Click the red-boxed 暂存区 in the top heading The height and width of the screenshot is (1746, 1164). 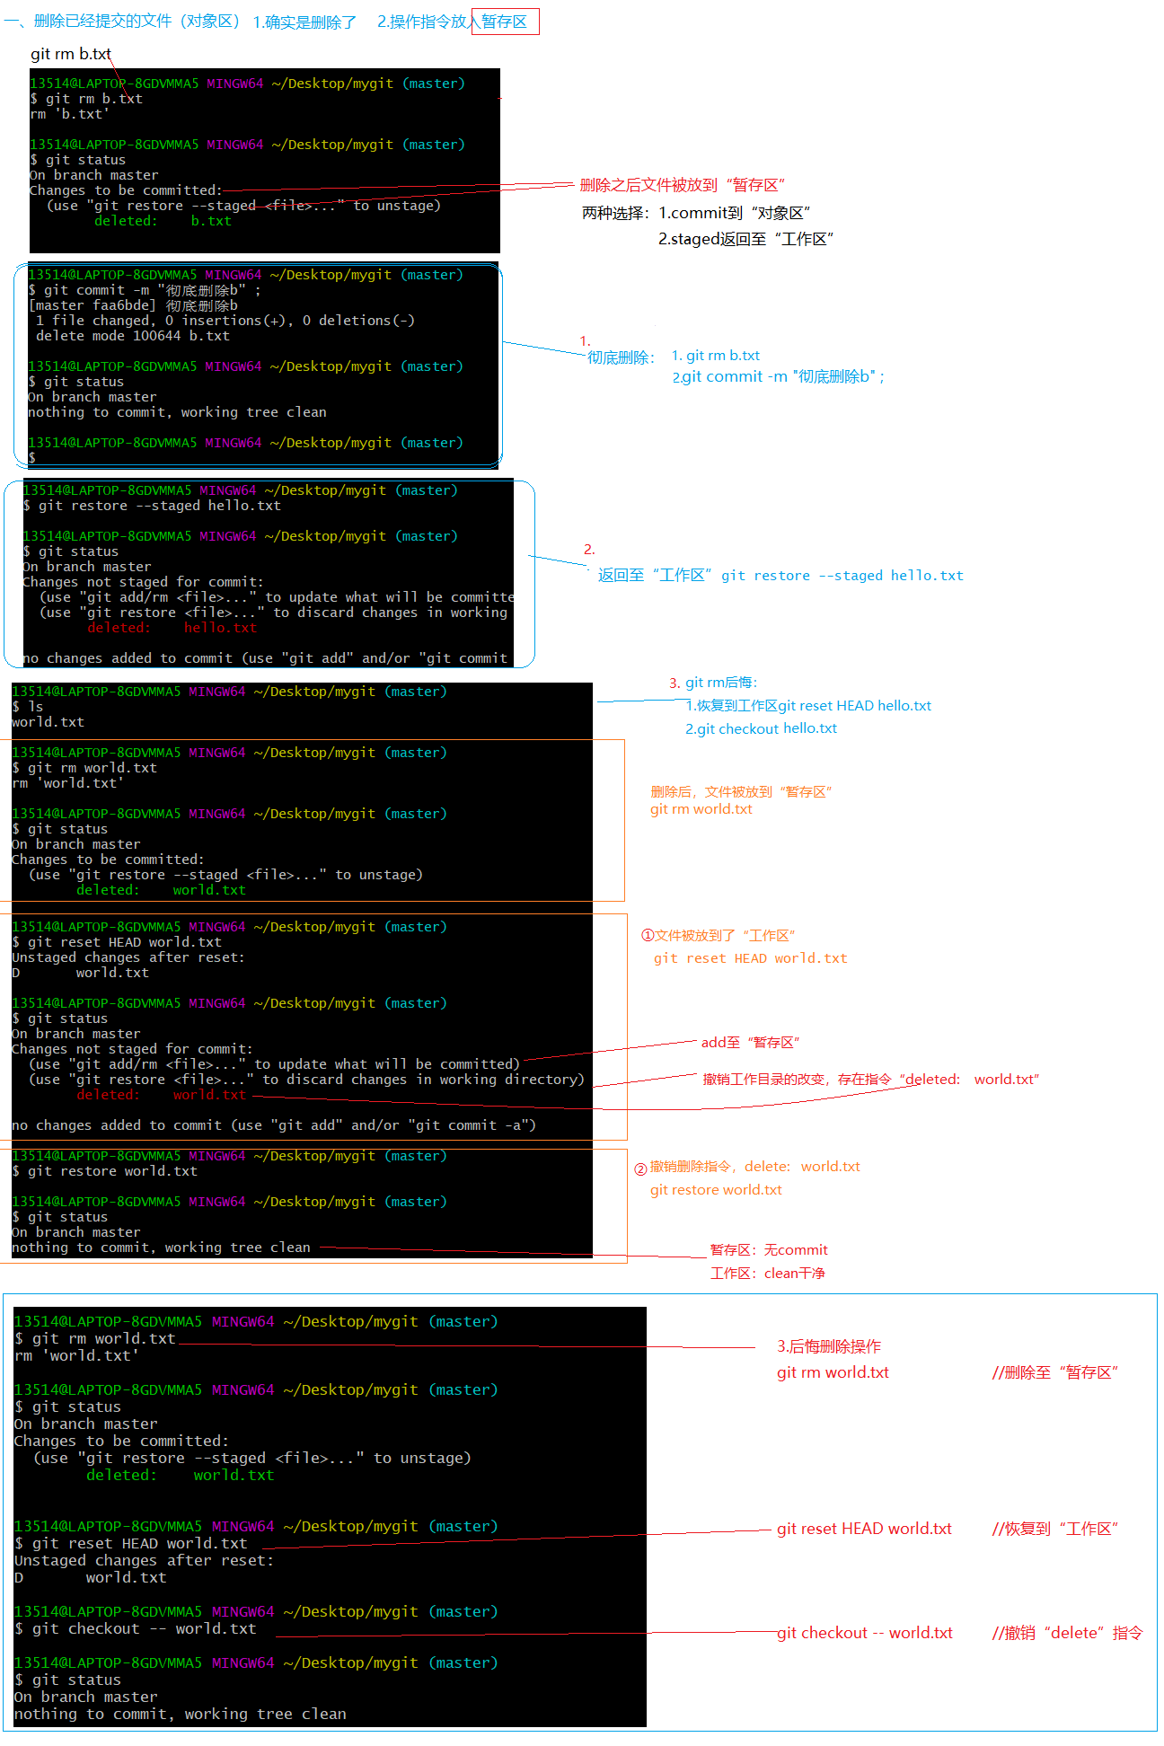(x=505, y=22)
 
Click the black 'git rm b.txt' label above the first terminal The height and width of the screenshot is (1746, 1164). (x=70, y=54)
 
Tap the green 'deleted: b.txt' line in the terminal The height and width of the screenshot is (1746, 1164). (x=163, y=221)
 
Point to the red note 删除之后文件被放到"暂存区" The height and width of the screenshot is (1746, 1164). (x=683, y=185)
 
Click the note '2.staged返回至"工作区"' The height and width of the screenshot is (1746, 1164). (x=745, y=239)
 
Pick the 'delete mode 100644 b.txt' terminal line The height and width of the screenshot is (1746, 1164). (x=132, y=336)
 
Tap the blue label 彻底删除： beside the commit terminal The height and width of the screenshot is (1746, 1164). (x=621, y=357)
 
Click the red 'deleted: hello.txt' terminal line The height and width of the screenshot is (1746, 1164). (x=172, y=628)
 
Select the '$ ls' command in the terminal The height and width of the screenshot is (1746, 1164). (x=28, y=707)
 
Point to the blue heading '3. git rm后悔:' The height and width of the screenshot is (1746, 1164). (x=713, y=683)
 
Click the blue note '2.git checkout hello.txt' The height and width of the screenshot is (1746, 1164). (x=761, y=728)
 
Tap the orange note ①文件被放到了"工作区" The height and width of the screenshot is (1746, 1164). (x=718, y=935)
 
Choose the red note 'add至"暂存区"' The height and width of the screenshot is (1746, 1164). (x=750, y=1042)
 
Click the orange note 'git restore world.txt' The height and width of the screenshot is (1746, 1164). (x=716, y=1189)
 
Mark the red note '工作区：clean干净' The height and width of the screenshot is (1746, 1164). (x=767, y=1273)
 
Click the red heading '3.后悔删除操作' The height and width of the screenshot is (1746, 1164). (x=829, y=1345)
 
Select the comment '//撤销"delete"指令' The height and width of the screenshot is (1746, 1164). (x=1067, y=1633)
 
